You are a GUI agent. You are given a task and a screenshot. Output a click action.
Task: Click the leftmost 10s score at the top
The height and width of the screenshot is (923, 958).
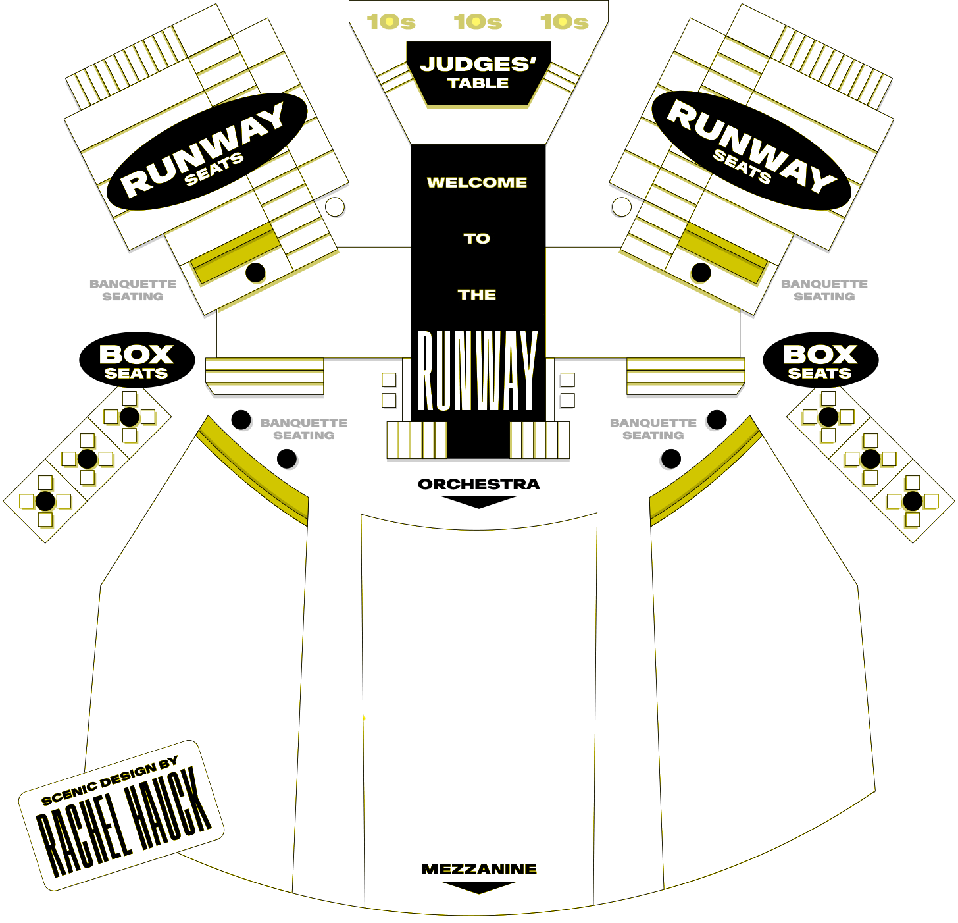[391, 22]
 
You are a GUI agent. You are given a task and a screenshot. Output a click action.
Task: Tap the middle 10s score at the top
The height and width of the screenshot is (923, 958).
[478, 22]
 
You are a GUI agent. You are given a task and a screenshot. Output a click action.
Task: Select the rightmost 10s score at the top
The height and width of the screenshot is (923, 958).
[565, 22]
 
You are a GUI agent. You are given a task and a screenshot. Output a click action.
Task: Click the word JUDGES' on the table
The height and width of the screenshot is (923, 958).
[478, 65]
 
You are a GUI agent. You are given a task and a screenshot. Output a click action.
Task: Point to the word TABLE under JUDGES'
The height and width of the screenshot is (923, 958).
[478, 83]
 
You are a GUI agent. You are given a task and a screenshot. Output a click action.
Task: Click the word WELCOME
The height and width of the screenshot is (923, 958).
[477, 182]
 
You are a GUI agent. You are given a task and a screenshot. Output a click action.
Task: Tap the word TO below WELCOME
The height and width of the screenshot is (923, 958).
[477, 238]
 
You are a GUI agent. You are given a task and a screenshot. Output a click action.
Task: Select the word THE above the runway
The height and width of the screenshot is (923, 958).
[477, 294]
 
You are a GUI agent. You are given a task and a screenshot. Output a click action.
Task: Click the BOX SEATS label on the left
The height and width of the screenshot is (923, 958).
[136, 361]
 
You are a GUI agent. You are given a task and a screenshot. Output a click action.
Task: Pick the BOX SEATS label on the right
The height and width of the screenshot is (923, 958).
[820, 361]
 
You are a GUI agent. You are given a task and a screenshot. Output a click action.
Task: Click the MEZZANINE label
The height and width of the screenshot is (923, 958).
[479, 869]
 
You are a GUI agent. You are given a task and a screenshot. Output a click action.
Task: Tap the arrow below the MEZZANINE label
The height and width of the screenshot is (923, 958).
[479, 887]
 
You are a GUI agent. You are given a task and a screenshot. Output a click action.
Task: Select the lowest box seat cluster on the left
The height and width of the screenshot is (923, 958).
[45, 502]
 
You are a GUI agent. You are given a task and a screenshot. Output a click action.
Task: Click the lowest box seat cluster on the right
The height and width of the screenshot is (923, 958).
[912, 502]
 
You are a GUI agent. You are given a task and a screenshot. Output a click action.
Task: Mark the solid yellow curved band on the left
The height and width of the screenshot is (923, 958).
[250, 471]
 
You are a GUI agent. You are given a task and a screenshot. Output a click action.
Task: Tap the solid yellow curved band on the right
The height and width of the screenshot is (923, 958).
[707, 471]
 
